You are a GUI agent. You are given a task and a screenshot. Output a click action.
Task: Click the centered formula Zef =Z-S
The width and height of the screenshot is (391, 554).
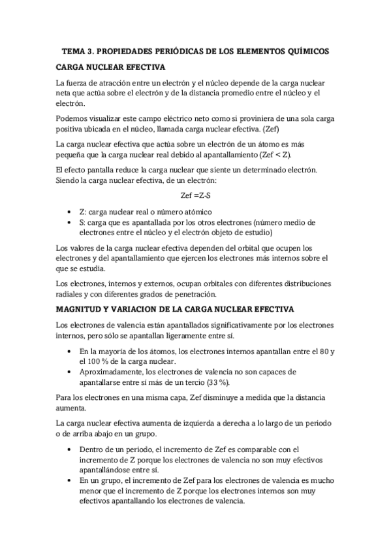click(195, 195)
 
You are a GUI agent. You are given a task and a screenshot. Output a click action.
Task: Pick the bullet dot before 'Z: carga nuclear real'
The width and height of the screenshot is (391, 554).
click(70, 213)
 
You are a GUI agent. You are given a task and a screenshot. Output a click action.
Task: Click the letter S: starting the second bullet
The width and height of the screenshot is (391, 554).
click(81, 223)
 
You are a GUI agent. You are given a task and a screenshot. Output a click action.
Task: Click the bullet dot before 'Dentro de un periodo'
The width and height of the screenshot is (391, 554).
click(70, 449)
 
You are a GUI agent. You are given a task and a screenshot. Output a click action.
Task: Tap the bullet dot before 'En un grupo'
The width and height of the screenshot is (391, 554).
click(70, 481)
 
